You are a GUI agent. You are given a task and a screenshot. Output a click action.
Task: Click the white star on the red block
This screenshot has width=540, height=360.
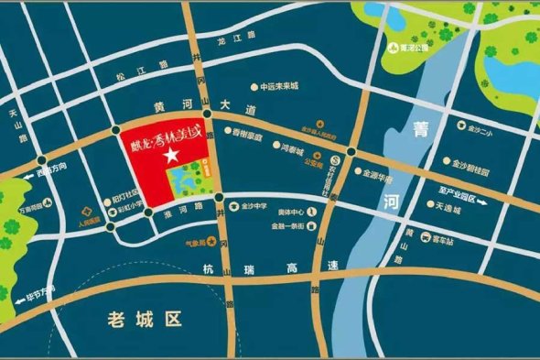pos(169,157)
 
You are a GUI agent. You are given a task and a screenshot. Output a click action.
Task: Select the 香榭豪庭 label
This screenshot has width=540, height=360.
pos(247,136)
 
